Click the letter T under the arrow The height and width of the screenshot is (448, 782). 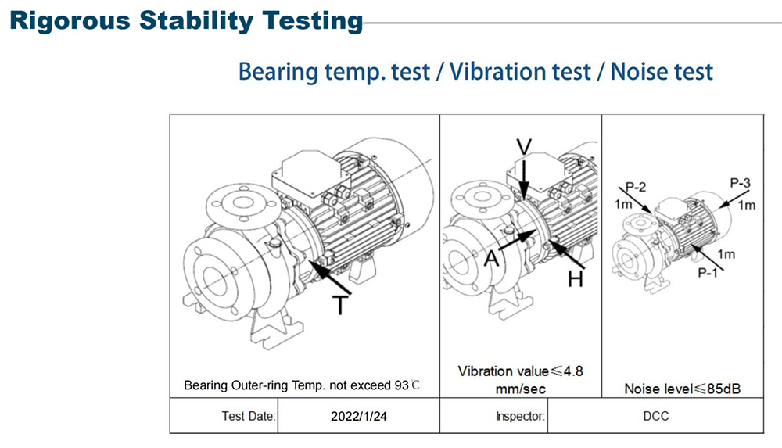pos(340,305)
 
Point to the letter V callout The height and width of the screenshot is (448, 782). pos(524,147)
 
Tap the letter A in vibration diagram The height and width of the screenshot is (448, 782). pos(492,259)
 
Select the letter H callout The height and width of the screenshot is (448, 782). pos(576,278)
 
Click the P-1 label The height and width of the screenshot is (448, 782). pos(708,272)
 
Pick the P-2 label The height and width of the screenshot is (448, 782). pos(636,187)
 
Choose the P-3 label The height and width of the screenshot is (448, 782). pos(740,183)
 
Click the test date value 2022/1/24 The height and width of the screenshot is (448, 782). pos(359,416)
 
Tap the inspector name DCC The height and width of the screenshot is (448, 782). pos(656,416)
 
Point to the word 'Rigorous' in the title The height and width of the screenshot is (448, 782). pos(70,21)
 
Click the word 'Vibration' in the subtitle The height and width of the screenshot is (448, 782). pos(520,71)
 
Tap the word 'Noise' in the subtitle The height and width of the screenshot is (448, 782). pos(639,71)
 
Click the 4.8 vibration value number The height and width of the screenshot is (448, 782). pos(573,371)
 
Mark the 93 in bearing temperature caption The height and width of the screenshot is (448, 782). pos(401,385)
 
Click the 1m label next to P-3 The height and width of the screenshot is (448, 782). pos(747,205)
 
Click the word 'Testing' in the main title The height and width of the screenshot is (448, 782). pos(313,21)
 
